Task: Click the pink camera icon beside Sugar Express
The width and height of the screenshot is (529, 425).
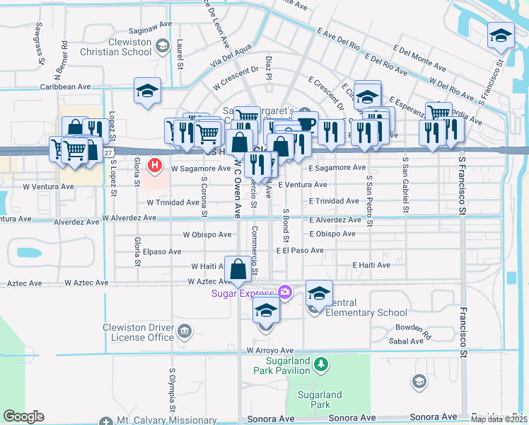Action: [x=284, y=292]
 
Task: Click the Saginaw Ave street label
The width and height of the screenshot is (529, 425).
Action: [x=151, y=25]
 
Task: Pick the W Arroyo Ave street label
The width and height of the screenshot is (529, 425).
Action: [x=269, y=351]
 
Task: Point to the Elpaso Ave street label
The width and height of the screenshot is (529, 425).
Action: [x=162, y=251]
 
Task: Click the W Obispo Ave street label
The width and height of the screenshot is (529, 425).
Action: [x=207, y=234]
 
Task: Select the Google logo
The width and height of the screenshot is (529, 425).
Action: [x=23, y=416]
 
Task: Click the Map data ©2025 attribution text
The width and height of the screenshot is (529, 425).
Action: [x=499, y=420]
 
